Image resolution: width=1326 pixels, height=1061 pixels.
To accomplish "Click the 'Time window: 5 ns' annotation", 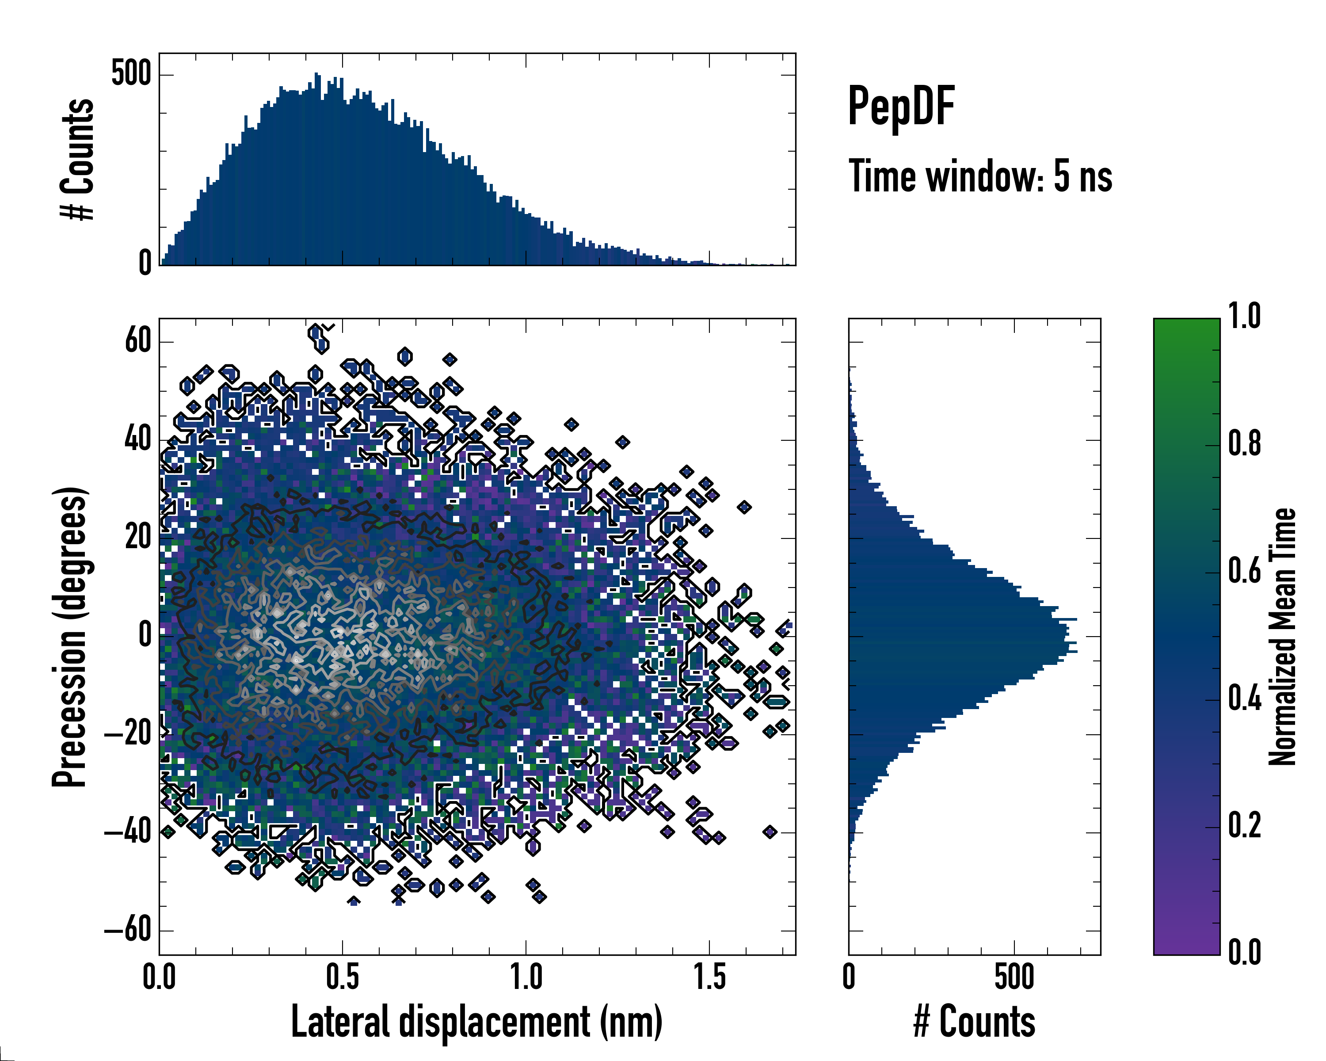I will point(980,176).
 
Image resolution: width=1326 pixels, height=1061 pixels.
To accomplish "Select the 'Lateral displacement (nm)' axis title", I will point(476,1022).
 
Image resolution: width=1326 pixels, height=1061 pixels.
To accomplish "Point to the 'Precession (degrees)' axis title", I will point(69,637).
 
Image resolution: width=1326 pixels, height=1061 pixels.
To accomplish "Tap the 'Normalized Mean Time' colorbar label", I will point(1282,637).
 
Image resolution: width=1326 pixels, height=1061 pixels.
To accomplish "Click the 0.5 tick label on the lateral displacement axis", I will point(343,977).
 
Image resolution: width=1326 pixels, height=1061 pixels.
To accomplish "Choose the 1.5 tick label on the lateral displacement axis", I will point(710,977).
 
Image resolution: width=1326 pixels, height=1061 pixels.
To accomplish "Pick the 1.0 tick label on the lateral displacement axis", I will point(526,977).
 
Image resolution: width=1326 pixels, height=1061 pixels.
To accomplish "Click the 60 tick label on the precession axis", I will point(138,340).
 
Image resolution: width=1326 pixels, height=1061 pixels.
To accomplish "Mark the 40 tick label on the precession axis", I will point(138,439).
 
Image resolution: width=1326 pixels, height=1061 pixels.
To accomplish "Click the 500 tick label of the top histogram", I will point(131,74).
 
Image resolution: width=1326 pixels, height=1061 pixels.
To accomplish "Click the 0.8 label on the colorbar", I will point(1244,443).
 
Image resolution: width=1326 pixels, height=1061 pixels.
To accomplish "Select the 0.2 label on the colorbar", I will point(1244,825).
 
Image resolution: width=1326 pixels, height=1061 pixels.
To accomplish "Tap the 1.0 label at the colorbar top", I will point(1244,316).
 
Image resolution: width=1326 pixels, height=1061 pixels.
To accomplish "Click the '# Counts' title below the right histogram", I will point(974,1022).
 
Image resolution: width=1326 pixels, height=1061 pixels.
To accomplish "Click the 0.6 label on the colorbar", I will point(1244,571).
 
